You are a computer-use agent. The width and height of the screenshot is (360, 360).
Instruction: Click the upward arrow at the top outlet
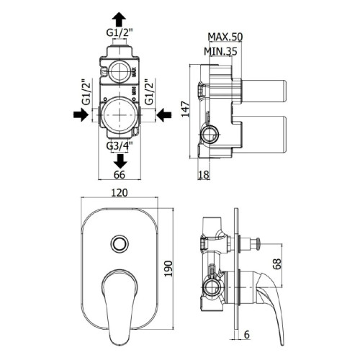[120, 19]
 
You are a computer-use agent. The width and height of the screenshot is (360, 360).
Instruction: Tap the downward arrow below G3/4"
[120, 161]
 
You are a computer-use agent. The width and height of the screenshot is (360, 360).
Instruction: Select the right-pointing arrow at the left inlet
[81, 114]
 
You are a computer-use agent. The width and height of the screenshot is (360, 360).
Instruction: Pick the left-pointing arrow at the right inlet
[164, 114]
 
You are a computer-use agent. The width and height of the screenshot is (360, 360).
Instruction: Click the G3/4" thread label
[120, 146]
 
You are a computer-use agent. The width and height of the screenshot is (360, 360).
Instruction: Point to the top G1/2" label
[120, 33]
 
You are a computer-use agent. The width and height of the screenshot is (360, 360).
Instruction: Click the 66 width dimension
[120, 175]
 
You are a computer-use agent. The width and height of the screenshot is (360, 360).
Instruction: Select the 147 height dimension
[185, 109]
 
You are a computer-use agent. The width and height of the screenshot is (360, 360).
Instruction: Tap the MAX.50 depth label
[225, 37]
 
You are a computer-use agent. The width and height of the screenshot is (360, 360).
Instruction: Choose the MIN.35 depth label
[220, 51]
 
